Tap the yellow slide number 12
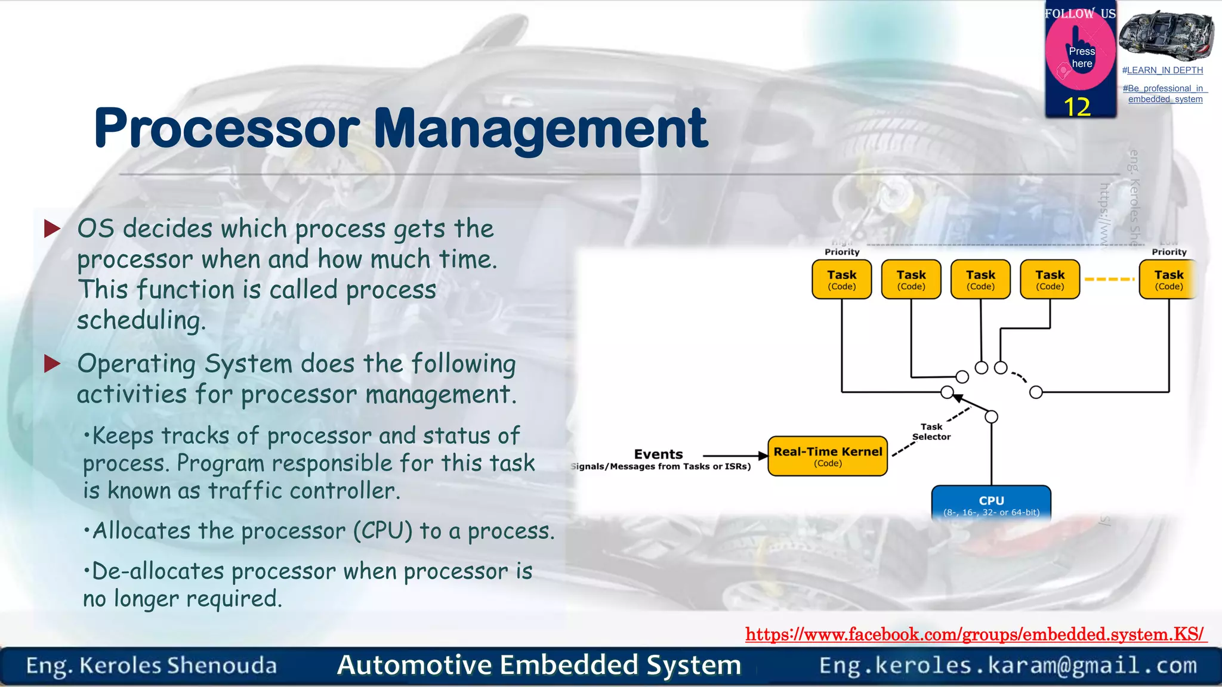click(1077, 107)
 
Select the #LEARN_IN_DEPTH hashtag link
click(1162, 70)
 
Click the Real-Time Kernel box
click(828, 456)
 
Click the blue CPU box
click(991, 504)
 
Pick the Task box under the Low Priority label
click(1168, 279)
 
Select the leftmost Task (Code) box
click(841, 279)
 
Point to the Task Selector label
click(931, 432)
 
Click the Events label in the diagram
click(658, 454)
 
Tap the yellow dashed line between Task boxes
click(1109, 279)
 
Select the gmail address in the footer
click(1008, 666)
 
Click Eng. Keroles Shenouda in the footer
click(152, 666)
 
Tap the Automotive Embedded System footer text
click(539, 665)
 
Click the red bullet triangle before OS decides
click(53, 228)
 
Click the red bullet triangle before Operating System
click(53, 363)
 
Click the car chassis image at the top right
click(1166, 36)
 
